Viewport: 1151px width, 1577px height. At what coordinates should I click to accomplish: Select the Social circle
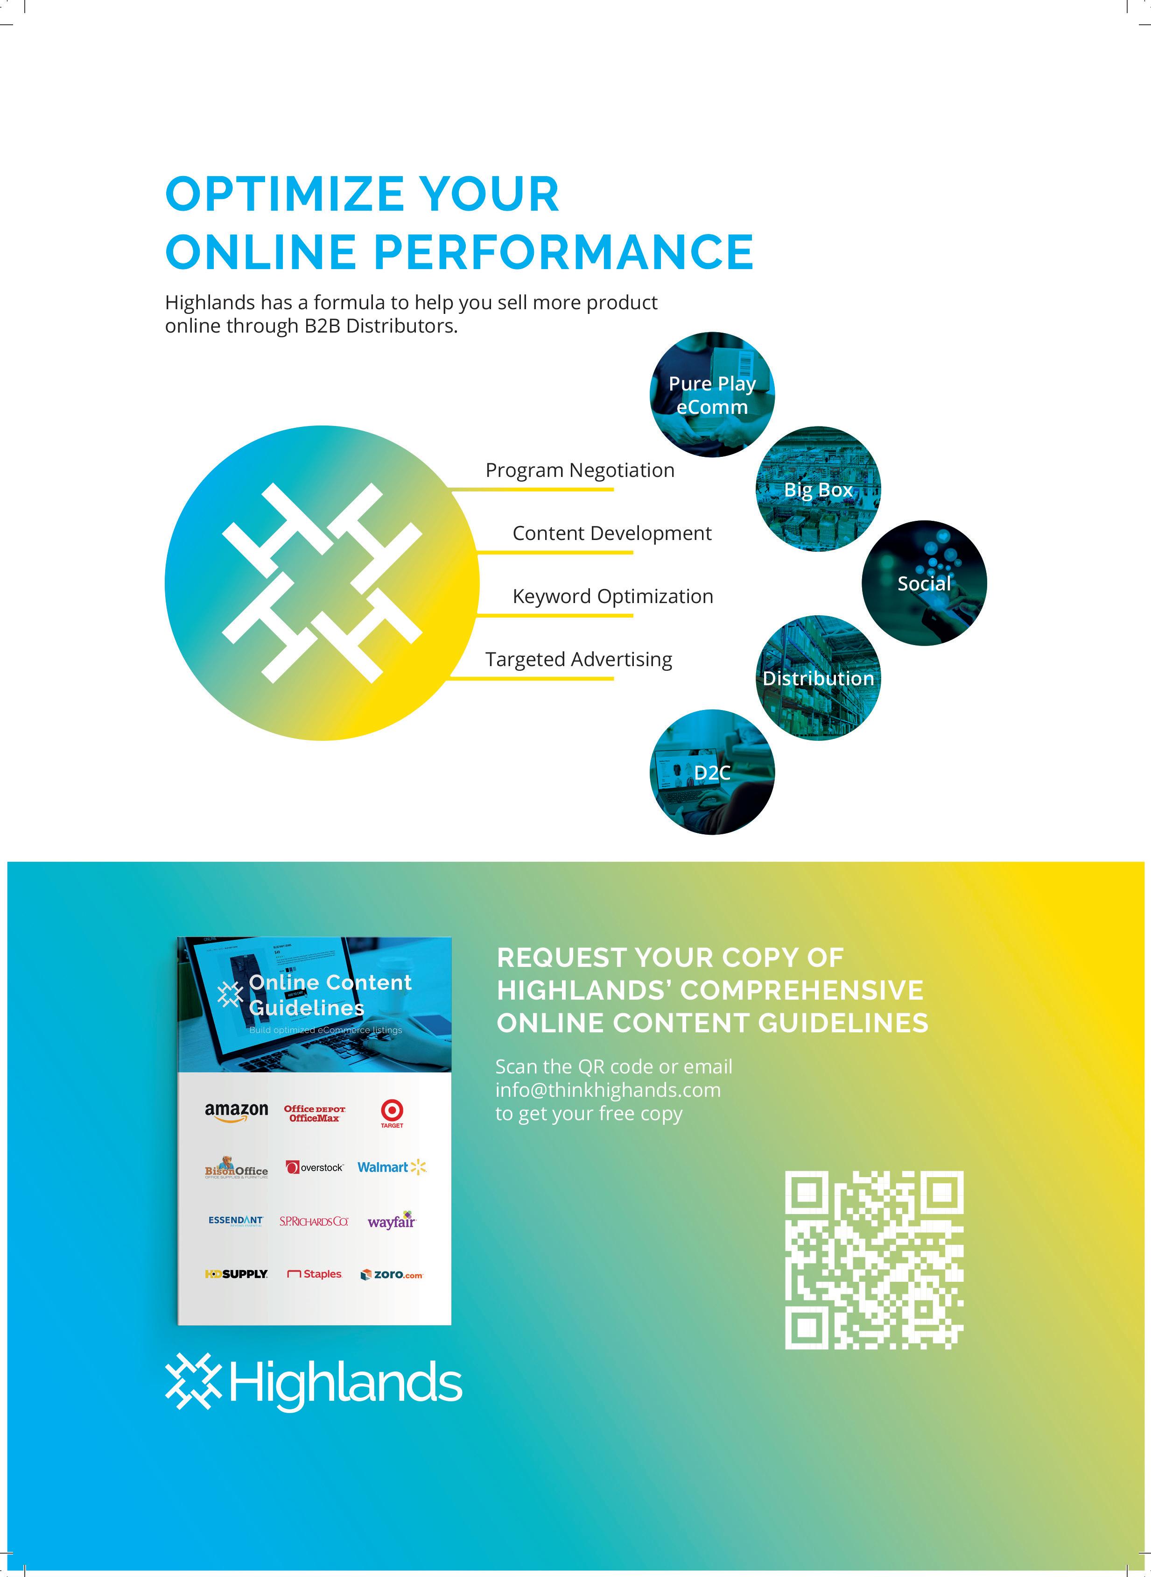(x=924, y=583)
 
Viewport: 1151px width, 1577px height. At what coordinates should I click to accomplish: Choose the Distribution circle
(x=818, y=678)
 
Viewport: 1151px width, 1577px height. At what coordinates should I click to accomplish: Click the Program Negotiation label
(x=580, y=470)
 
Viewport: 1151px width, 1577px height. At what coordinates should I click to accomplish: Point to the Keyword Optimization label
(x=612, y=597)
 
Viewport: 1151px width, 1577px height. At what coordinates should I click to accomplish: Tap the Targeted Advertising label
(x=578, y=660)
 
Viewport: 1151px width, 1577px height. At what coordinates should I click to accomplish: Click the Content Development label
(x=612, y=533)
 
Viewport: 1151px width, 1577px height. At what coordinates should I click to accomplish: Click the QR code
(x=874, y=1259)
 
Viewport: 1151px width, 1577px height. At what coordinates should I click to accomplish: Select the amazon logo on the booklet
(x=236, y=1111)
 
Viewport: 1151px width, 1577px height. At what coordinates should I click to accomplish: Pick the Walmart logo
(x=391, y=1167)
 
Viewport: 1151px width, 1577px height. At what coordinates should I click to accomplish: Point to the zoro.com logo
(x=392, y=1274)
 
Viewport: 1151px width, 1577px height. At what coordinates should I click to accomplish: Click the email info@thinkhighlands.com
(x=608, y=1090)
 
